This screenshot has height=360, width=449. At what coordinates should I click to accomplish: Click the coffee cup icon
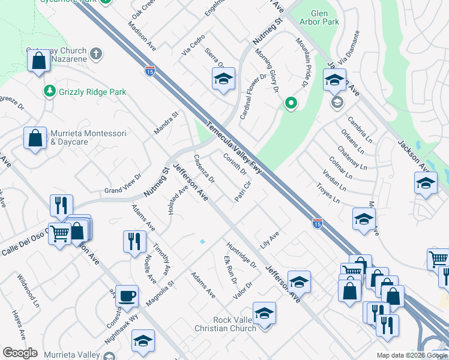(x=127, y=296)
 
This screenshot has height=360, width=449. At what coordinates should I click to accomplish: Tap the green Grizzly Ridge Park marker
(x=50, y=92)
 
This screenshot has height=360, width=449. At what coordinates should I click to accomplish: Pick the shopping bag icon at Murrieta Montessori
(x=35, y=137)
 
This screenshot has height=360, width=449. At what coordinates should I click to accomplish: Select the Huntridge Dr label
(x=241, y=255)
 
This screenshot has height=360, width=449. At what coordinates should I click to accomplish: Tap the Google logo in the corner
(x=20, y=353)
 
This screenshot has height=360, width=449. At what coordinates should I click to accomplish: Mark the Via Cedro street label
(x=193, y=46)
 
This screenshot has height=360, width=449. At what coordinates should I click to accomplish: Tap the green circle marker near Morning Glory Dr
(x=291, y=103)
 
